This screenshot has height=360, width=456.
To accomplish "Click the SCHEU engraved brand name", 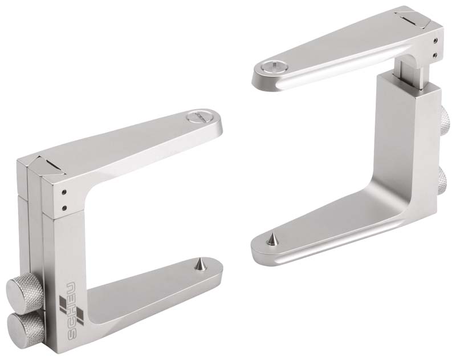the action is (x=72, y=311).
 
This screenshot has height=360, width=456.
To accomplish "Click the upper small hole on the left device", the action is (x=64, y=192).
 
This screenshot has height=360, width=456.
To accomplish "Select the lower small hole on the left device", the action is (x=64, y=208).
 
